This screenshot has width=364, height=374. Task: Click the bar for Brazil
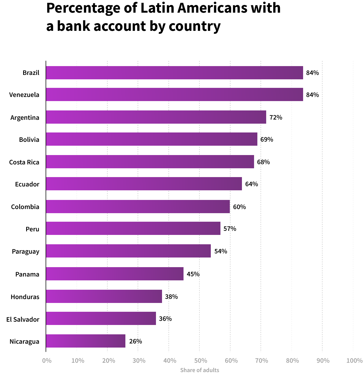coord(174,73)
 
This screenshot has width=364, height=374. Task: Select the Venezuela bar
coord(174,94)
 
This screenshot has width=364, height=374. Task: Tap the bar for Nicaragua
coord(86,341)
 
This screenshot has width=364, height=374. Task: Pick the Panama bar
coord(115,274)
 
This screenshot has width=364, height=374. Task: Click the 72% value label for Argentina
coord(276,118)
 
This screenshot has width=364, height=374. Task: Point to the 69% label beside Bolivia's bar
coord(267,140)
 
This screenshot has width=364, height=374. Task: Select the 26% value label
coord(136,342)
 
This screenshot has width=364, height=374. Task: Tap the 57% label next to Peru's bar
coord(230,229)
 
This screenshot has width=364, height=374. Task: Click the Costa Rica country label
coord(24,162)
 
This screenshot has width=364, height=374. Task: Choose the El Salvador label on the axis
coord(23,319)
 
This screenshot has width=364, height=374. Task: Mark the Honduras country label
coord(25,297)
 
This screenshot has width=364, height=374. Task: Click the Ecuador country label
coord(27,184)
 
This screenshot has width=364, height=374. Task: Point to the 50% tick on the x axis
coord(201,361)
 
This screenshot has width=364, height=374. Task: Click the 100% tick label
coord(354,361)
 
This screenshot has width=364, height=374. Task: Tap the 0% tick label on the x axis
coord(47,361)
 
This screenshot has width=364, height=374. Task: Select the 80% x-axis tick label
coord(292,361)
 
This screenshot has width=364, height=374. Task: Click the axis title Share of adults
coord(199,370)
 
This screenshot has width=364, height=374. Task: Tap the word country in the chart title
coord(195,26)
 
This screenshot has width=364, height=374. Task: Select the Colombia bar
coord(138,207)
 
